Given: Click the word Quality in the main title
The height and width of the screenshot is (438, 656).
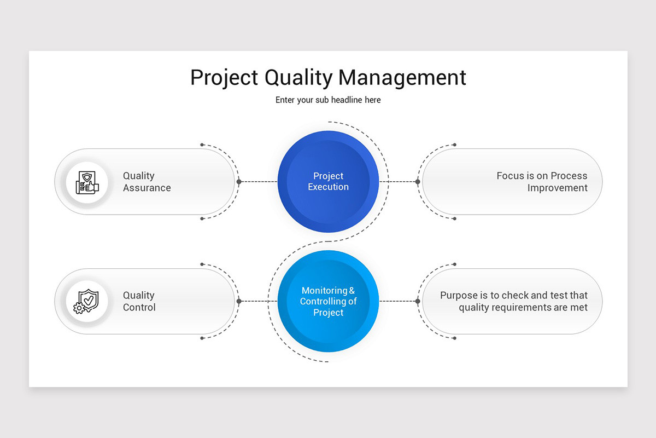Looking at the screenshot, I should coord(298,78).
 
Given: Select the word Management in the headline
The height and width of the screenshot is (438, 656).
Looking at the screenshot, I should coord(402,78).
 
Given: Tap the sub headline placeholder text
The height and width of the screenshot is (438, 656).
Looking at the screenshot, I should coord(328,100).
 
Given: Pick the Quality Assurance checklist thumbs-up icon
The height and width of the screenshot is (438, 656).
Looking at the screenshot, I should coord(87,182).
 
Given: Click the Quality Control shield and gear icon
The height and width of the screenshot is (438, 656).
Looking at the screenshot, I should coord(87,302).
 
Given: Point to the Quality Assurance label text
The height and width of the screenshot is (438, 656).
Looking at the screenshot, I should coord(147,182).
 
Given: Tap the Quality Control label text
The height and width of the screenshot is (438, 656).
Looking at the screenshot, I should coord(139,302).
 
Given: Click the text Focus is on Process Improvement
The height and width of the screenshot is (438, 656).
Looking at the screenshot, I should coord(542,182).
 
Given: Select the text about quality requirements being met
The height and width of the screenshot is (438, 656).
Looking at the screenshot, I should coord(514,302).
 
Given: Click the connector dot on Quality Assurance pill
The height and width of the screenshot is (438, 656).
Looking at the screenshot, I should coord(239,182).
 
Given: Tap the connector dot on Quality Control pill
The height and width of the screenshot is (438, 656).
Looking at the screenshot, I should coord(239,302).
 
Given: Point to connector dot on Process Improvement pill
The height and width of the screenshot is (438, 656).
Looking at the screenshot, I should coord(418,182).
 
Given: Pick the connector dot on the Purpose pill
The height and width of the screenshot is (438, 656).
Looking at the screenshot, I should coord(418,302).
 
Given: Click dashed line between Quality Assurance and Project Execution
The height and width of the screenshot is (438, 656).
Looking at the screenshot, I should coord(259,182).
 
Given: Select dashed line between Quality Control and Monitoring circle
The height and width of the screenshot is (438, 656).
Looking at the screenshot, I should coord(259,302).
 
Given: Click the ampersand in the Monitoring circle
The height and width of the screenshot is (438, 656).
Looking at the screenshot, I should coord(352,291).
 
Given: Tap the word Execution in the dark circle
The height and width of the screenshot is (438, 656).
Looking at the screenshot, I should coord(328,187).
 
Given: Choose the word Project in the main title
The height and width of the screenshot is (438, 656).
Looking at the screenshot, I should coord(225,78).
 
